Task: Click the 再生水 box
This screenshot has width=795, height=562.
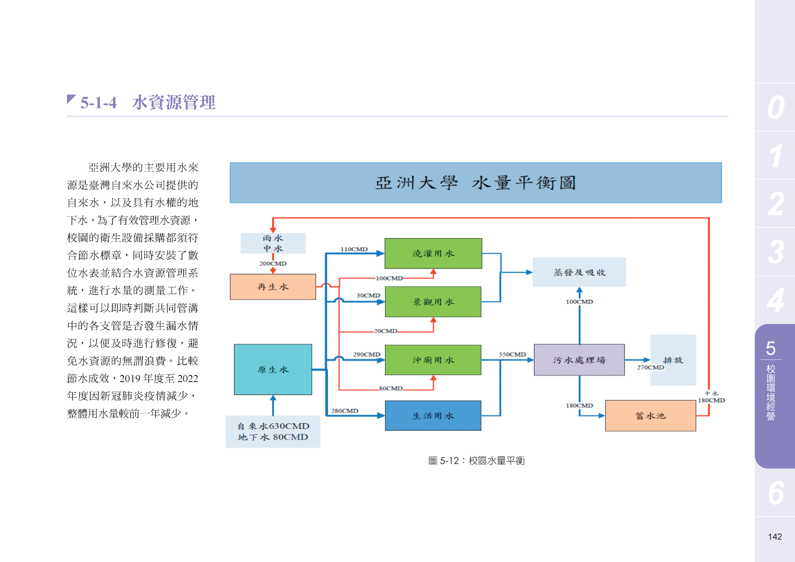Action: [x=273, y=287]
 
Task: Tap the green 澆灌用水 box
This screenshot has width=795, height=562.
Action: [x=433, y=253]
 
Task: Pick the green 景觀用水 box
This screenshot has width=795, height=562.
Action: [x=433, y=302]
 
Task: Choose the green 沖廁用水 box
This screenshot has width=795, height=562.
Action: [x=433, y=360]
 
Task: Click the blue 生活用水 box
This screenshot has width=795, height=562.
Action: [x=433, y=416]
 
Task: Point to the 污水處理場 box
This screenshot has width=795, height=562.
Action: [x=579, y=360]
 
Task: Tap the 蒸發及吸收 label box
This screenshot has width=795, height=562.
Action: [x=579, y=272]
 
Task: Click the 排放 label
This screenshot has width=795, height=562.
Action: [x=673, y=360]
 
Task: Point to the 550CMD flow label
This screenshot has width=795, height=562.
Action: [x=512, y=354]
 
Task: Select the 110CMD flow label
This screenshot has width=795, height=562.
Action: [x=354, y=249]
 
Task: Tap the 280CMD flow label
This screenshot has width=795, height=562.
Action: [x=344, y=411]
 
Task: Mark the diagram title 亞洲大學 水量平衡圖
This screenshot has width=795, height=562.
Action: [x=476, y=183]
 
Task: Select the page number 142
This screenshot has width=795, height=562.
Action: [x=775, y=536]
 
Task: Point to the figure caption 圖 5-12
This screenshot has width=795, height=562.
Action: [x=477, y=461]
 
